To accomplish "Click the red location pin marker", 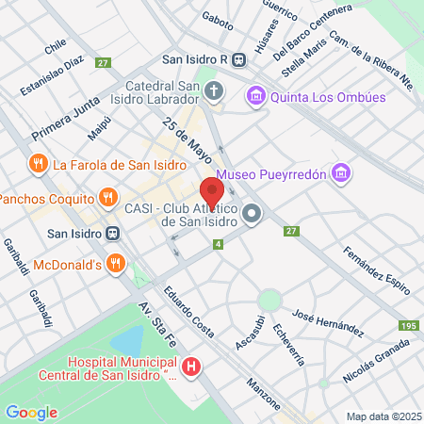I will coord(212,191).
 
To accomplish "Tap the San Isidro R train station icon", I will coord(239,58).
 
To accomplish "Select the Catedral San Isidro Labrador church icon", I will coord(215,92).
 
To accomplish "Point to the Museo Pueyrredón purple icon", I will coord(341,173).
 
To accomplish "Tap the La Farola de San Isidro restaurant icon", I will coord(39,163).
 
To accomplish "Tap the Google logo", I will coord(31,412).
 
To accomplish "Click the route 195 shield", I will coord(407,325).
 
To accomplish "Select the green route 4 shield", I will coord(219,245).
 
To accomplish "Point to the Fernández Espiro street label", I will coord(376,269).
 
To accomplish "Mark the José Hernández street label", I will coord(328,321).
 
